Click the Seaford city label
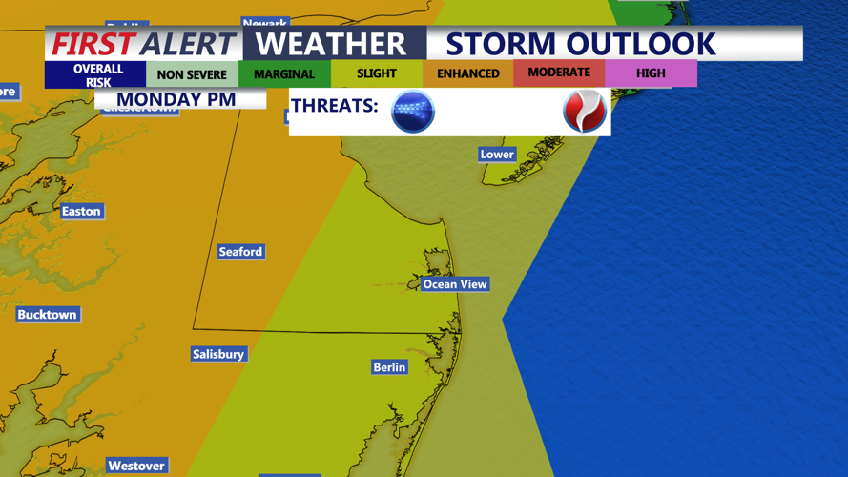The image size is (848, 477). point(240,252)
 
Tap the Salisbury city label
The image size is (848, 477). point(218,354)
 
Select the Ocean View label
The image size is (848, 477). point(455,284)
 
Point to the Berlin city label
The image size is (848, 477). point(389,367)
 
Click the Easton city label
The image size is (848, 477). point(81,212)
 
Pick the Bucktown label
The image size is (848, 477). point(47,315)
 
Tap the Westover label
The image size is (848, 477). point(136,466)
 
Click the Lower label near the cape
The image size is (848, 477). point(497,155)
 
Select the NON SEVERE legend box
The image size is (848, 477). point(192,74)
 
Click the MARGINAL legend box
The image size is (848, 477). point(284,74)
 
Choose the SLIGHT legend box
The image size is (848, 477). point(377,73)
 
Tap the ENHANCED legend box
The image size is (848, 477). point(468,73)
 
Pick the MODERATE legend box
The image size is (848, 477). point(559,73)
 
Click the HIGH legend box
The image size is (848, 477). point(651,73)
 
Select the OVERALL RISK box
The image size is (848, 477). point(98,75)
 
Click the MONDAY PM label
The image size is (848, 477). point(176,99)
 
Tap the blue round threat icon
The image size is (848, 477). point(413,112)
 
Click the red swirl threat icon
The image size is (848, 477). point(584,112)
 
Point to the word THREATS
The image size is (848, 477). point(335,106)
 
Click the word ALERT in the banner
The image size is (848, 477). point(187,44)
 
